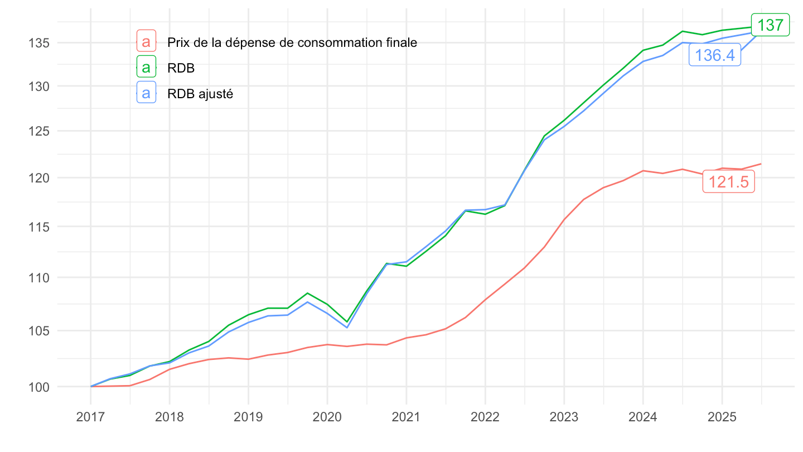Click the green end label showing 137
[x=770, y=25]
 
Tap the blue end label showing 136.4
[x=715, y=55]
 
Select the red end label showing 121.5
[x=728, y=182]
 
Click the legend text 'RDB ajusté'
[x=200, y=94]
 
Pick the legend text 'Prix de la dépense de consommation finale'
[x=292, y=42]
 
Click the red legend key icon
[x=146, y=42]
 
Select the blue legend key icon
[x=146, y=94]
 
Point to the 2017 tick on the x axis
[x=90, y=417]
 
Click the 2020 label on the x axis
[x=327, y=417]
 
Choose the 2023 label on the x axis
[x=564, y=417]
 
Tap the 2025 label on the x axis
[x=722, y=417]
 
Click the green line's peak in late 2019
[x=307, y=293]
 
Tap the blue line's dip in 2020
[x=347, y=327]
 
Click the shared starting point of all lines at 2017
[x=90, y=386]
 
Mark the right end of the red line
[x=761, y=164]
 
